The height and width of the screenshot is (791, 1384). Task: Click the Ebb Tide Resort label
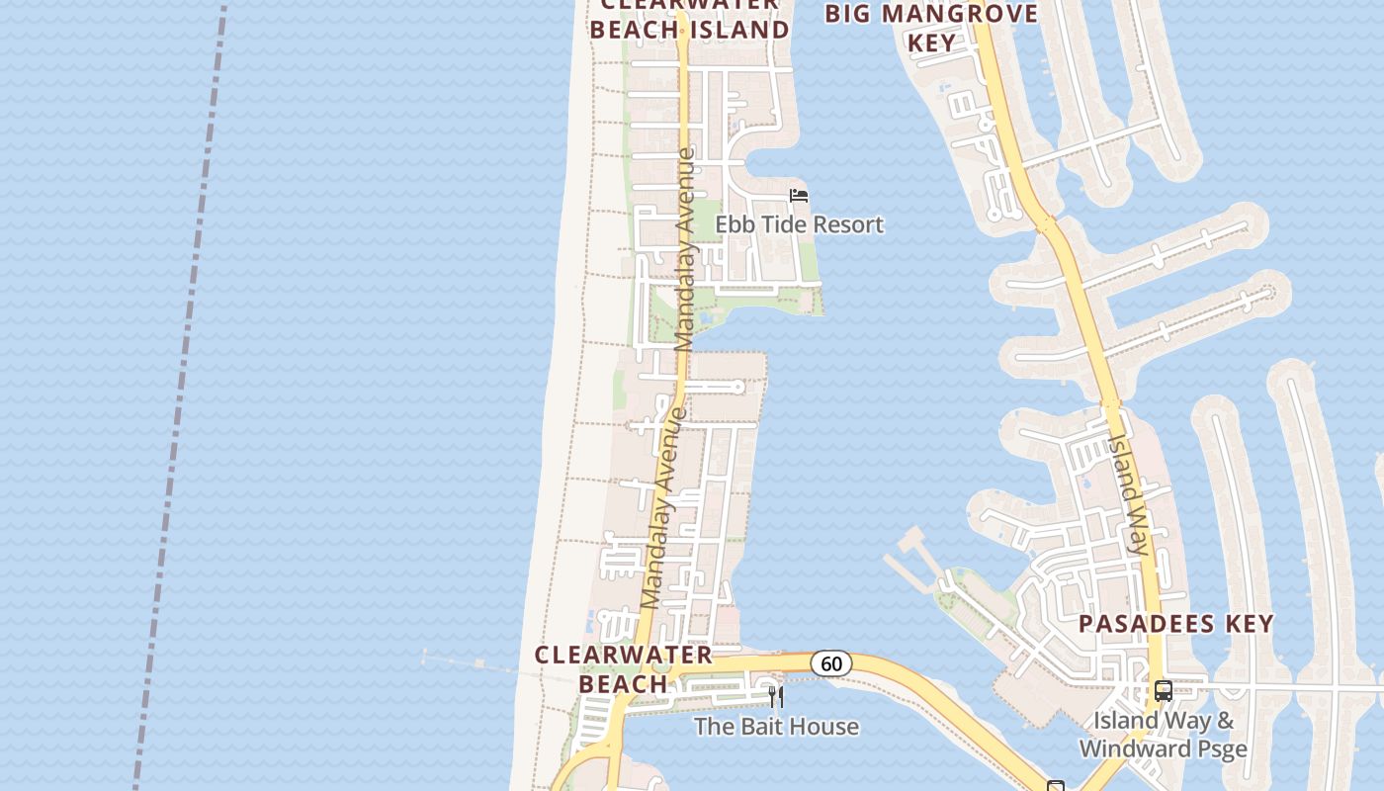(799, 224)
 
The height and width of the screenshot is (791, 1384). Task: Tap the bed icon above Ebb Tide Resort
(799, 196)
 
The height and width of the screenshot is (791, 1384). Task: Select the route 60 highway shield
(831, 663)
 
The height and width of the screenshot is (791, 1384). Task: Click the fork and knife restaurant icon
(776, 697)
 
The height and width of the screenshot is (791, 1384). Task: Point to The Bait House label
(776, 727)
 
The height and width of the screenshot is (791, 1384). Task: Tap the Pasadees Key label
(1175, 624)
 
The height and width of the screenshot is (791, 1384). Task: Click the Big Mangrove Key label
(931, 28)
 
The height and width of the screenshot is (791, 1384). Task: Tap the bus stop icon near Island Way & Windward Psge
(1164, 690)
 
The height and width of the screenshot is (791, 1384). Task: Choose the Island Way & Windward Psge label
(1164, 735)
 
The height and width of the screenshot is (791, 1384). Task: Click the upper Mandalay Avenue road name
(684, 249)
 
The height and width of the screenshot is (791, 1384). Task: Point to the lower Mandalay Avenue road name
(662, 507)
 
